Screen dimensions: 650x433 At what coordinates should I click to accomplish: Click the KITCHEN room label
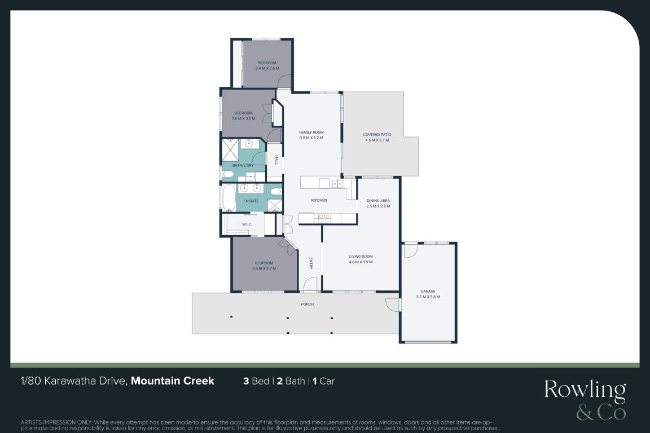click(x=319, y=201)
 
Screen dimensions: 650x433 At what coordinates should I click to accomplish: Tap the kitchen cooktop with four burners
click(x=323, y=218)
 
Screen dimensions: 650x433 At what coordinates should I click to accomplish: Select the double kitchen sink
click(x=337, y=183)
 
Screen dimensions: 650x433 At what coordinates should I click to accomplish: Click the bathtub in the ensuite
click(x=229, y=198)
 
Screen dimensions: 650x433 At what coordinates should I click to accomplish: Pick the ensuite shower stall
click(x=274, y=206)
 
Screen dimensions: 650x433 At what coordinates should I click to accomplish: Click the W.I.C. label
click(x=247, y=224)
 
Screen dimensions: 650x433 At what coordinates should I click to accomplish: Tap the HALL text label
click(x=276, y=160)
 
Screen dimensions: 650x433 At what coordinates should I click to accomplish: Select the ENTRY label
click(x=311, y=263)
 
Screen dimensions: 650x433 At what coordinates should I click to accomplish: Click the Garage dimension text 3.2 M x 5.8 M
click(x=428, y=297)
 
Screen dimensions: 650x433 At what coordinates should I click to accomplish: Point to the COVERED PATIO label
click(x=377, y=135)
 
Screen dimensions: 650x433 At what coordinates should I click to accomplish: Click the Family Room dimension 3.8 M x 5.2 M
click(x=311, y=138)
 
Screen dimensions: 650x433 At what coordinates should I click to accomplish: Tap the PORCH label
click(x=307, y=304)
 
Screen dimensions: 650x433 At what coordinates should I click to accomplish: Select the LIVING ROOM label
click(x=361, y=257)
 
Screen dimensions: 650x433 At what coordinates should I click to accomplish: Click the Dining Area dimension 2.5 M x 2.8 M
click(x=378, y=206)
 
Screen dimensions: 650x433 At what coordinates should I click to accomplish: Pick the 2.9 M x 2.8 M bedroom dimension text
click(x=267, y=68)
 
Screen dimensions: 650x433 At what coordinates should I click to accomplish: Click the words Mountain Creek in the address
click(x=173, y=381)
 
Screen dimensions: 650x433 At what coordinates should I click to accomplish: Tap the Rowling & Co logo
click(x=585, y=399)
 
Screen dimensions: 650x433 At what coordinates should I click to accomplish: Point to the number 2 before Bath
click(x=280, y=381)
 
